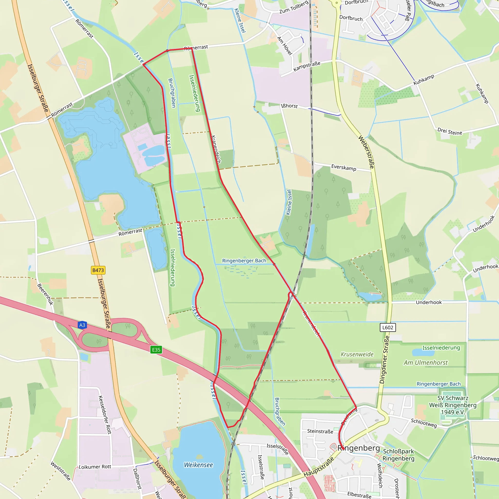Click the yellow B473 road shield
(x=98, y=270)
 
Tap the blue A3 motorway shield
(x=82, y=325)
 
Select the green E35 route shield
(x=156, y=350)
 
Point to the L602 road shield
(x=388, y=327)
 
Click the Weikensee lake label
(x=198, y=465)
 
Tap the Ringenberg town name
(x=358, y=448)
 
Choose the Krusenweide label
(x=357, y=354)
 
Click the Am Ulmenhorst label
(x=426, y=363)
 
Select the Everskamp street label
(x=344, y=168)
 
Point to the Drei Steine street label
(x=450, y=132)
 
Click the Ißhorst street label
(x=289, y=106)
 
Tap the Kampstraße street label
(x=307, y=66)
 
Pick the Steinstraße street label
(x=320, y=431)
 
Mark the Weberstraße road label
(x=366, y=152)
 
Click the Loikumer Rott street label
(x=95, y=467)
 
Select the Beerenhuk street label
(x=45, y=294)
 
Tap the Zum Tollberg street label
(x=294, y=7)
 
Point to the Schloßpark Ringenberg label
(x=398, y=455)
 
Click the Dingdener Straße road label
(x=384, y=360)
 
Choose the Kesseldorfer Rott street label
(x=105, y=415)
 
